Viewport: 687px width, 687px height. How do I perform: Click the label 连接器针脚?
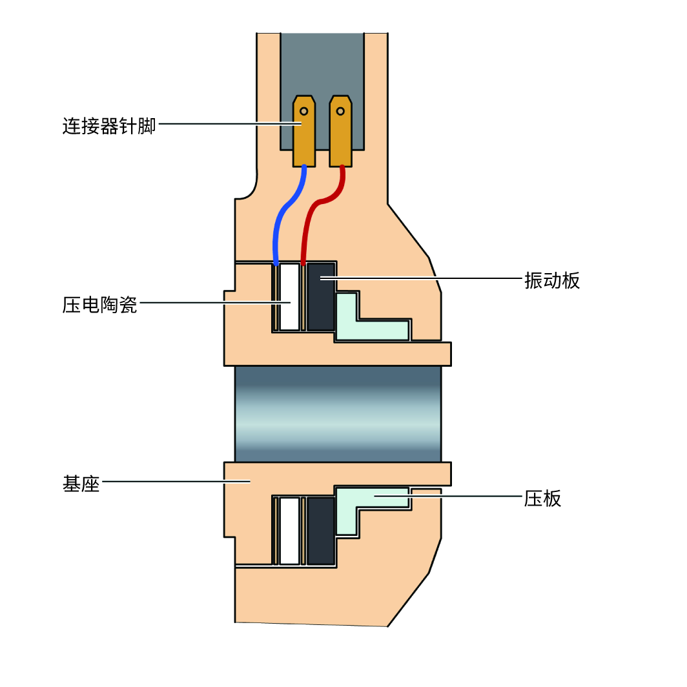coord(109,125)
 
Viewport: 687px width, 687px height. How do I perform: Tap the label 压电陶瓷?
coord(100,304)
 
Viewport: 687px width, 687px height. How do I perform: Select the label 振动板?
coord(552,280)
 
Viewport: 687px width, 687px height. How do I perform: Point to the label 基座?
coord(81,483)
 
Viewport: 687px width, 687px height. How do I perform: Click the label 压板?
coord(543,498)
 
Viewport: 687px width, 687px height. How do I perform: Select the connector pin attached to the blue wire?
coord(303,139)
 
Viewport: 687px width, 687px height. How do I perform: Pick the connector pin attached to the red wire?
coord(340,139)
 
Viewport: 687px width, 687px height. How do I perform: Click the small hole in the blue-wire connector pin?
coord(303,111)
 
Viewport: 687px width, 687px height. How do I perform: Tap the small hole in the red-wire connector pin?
coord(340,111)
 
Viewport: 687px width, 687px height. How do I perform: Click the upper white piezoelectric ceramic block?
coord(291,297)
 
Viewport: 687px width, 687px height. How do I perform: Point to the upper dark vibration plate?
coord(320,297)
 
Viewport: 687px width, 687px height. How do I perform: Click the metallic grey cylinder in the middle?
coord(338,413)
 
